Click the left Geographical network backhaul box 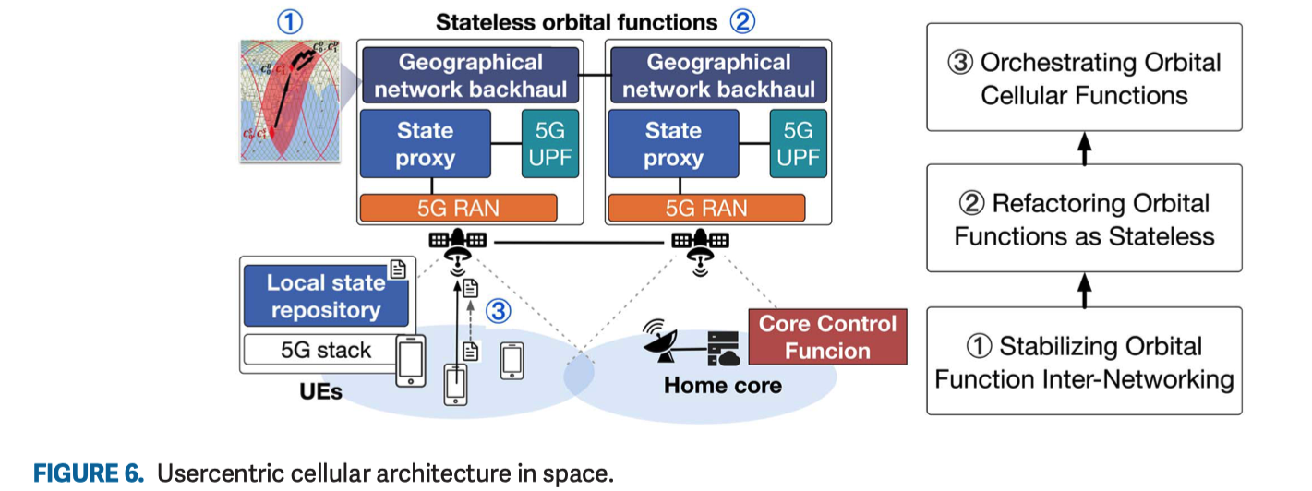(470, 76)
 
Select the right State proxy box (672, 144)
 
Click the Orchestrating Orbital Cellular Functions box (1084, 78)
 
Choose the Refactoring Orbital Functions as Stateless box (1084, 219)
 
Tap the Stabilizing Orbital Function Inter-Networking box (1084, 362)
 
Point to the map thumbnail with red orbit (289, 100)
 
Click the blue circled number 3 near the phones (499, 312)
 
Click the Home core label (722, 385)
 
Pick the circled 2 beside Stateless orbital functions (742, 20)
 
